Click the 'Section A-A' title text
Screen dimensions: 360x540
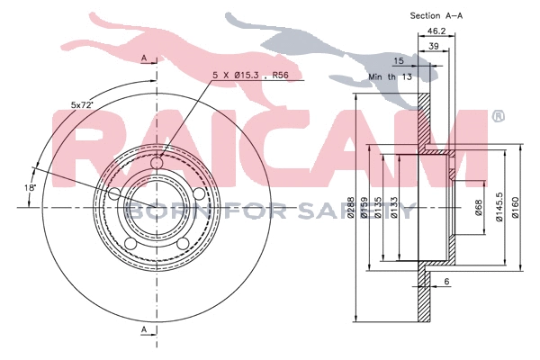pos(441,15)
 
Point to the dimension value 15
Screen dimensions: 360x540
pos(400,61)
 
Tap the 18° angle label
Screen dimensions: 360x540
pos(31,187)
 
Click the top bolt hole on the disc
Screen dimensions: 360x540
pos(158,163)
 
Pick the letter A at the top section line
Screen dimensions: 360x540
pos(143,58)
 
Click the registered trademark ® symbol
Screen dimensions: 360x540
pos(498,116)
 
